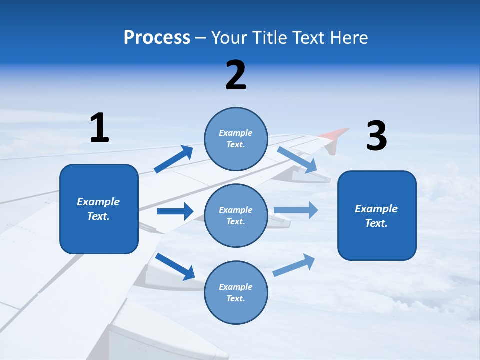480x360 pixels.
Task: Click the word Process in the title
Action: click(157, 37)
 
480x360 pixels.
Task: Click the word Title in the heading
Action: click(268, 37)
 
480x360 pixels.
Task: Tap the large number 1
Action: click(99, 128)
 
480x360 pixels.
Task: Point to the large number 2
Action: click(236, 75)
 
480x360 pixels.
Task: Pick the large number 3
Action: click(376, 136)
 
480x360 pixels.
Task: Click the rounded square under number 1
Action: click(99, 209)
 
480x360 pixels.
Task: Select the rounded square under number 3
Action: click(377, 215)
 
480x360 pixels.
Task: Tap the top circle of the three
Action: click(236, 139)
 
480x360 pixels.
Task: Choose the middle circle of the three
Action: click(236, 215)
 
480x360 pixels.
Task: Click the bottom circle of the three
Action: click(236, 292)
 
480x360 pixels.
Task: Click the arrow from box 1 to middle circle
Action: click(175, 211)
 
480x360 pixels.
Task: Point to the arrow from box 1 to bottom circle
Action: click(175, 266)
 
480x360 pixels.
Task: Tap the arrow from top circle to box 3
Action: click(297, 160)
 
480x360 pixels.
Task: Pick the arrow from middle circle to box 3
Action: click(296, 210)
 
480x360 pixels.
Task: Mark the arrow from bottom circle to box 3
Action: click(294, 265)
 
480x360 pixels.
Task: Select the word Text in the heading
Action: click(308, 37)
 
